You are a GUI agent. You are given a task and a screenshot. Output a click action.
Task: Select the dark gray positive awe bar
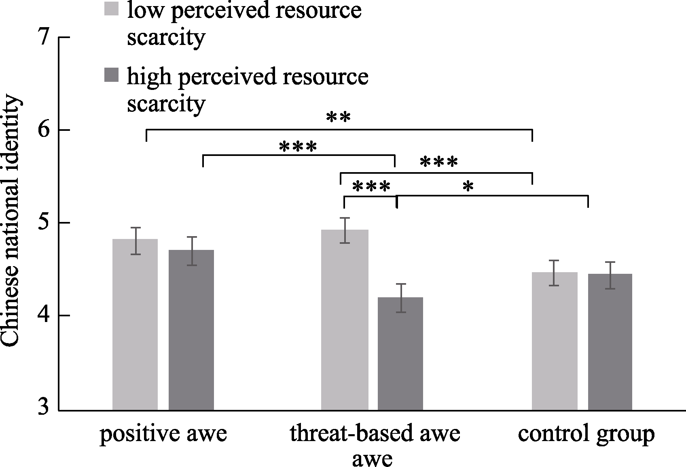point(191,330)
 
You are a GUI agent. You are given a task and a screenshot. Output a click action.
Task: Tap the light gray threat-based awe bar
point(345,320)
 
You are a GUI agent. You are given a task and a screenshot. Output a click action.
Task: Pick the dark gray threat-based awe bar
point(400,354)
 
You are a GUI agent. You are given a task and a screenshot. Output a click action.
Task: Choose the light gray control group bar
point(555,341)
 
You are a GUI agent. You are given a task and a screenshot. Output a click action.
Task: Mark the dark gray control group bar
point(610,342)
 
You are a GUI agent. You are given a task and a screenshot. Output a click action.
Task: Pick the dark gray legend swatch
point(111,75)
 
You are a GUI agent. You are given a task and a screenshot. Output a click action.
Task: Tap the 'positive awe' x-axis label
point(163,434)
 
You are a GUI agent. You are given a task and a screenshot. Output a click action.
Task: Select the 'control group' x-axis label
point(586,434)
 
